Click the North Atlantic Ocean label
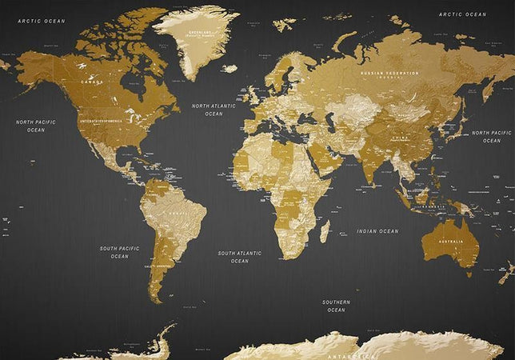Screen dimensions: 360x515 214,110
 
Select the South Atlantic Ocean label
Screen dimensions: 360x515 239,257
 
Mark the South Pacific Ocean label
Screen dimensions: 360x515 119,252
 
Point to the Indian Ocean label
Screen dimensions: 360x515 377,231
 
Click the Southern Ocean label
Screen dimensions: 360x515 336,306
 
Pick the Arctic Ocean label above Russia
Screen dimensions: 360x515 463,14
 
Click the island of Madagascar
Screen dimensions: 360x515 324,231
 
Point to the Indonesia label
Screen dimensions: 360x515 433,206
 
